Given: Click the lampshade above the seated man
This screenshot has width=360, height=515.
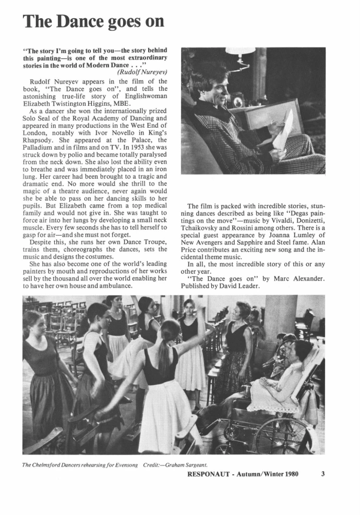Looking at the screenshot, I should point(240,50).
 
